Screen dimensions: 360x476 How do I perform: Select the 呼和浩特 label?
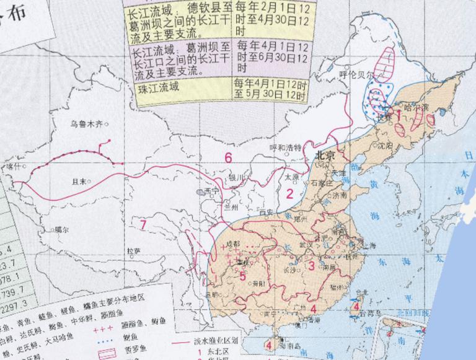(x=286, y=147)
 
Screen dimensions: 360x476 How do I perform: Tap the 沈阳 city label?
(x=384, y=147)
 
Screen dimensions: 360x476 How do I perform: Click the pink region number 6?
(x=228, y=157)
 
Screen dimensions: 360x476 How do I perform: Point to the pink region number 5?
(x=243, y=277)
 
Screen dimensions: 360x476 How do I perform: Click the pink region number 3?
(x=312, y=266)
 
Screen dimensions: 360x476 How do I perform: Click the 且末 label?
(x=78, y=181)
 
